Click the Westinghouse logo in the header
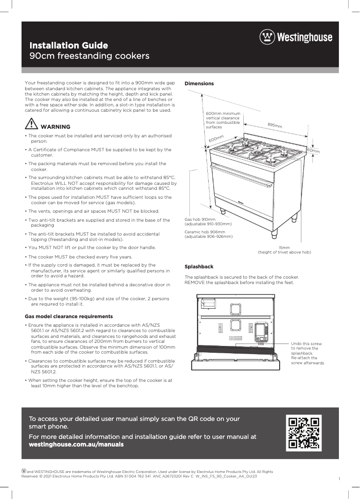click(296, 37)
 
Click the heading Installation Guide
click(68, 45)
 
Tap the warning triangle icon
click(31, 124)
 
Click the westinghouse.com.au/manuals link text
click(76, 445)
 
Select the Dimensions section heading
click(199, 83)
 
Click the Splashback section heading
click(199, 267)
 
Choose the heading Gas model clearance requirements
click(69, 316)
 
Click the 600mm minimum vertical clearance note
click(223, 120)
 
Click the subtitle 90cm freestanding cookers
click(89, 57)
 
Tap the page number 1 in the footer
click(339, 479)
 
